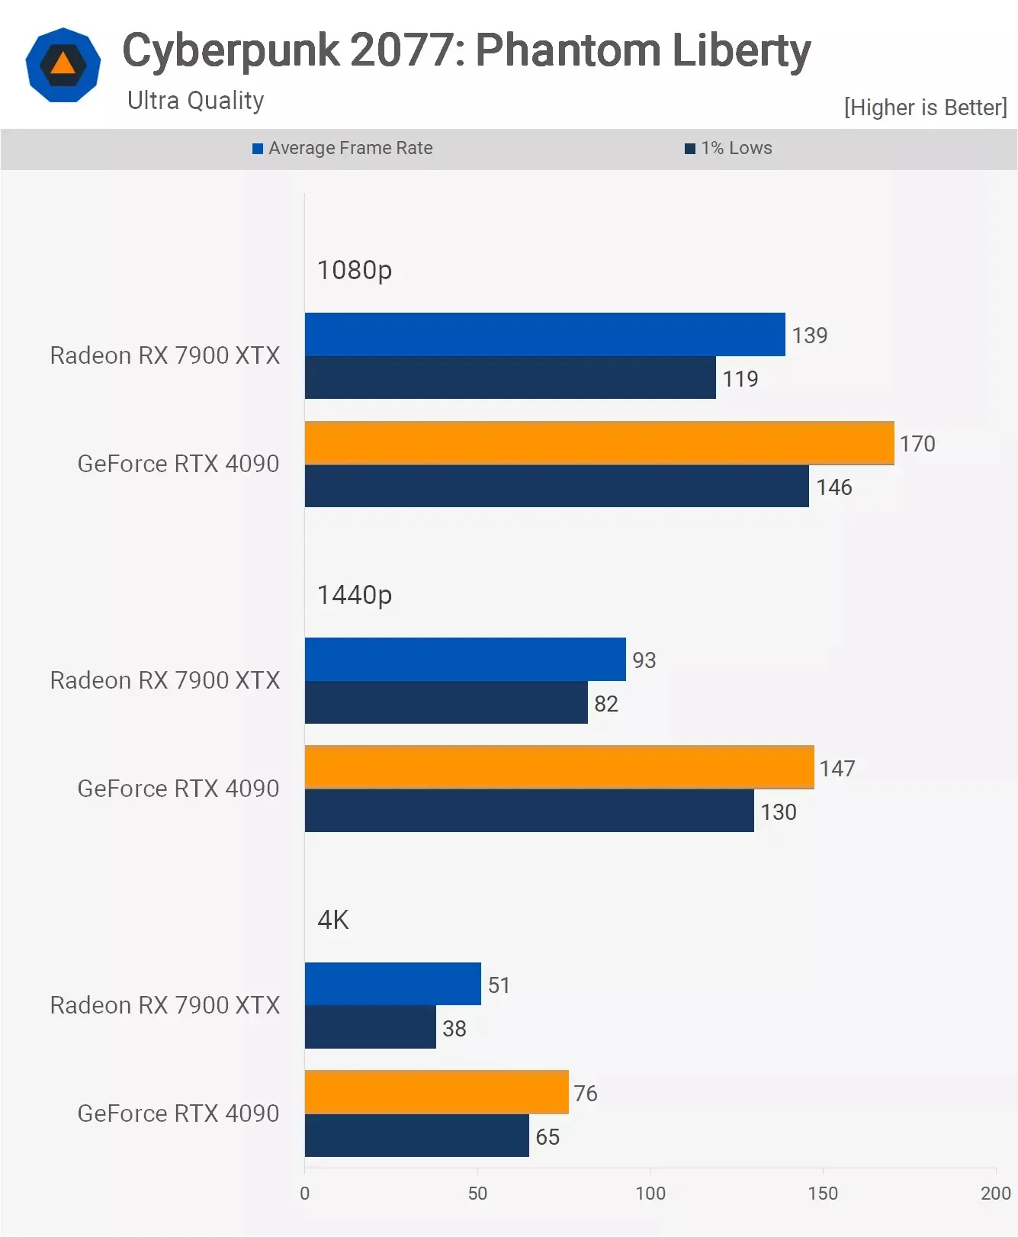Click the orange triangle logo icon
(63, 65)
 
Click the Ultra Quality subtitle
(195, 101)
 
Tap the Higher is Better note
(925, 108)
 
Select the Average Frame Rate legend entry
(342, 148)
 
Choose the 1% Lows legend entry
(728, 148)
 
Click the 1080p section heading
(355, 270)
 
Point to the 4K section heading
(333, 920)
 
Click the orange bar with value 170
(599, 443)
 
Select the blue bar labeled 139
(544, 334)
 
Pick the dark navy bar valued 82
(446, 702)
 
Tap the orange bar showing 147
(559, 767)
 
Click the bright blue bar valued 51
(393, 984)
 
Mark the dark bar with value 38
(370, 1027)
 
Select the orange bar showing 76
(436, 1092)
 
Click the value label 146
(834, 487)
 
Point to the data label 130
(779, 812)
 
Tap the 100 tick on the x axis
(650, 1194)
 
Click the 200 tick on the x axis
(995, 1194)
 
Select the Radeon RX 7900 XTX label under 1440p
(165, 680)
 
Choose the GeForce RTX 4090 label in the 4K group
(178, 1113)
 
